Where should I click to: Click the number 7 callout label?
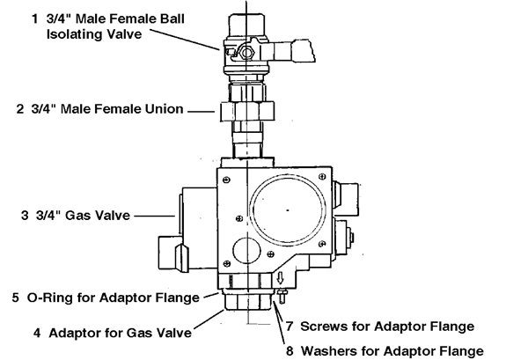click(x=290, y=326)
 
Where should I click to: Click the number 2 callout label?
click(x=20, y=110)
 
